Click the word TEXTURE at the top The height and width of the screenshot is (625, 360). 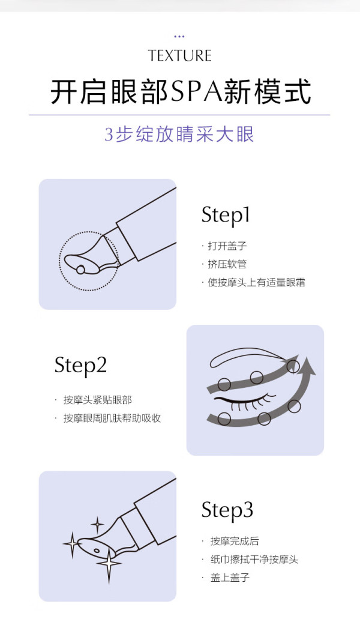179,56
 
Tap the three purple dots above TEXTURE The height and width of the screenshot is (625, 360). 179,36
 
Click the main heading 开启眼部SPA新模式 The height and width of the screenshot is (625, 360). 180,92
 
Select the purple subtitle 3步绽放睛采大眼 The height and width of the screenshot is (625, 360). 179,134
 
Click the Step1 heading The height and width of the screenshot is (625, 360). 226,216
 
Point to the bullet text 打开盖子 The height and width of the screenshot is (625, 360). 227,246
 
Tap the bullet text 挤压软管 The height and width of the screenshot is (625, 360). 227,264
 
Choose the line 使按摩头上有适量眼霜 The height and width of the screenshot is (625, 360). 256,282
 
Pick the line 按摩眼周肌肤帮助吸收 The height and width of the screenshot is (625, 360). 112,418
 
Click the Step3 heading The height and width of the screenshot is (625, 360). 227,510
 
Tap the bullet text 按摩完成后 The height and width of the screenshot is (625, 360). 235,541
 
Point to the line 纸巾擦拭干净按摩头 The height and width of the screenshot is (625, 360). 254,559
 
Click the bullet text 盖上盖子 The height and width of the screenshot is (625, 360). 230,577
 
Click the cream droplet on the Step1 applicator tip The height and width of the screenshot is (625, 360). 81,270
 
